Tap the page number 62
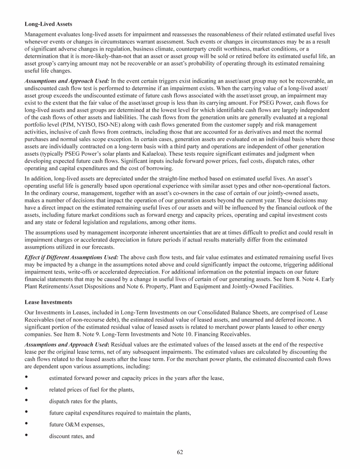(180, 452)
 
